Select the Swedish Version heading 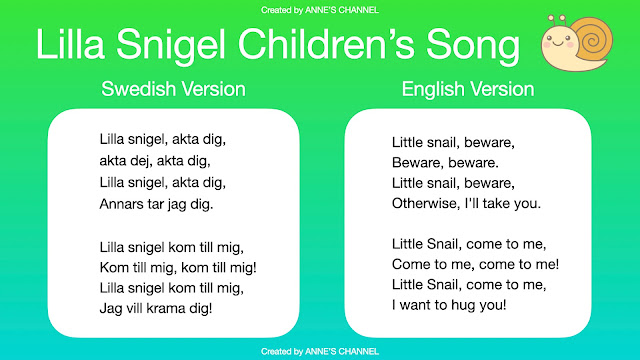[x=173, y=89]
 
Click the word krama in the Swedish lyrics [x=167, y=308]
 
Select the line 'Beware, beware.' [x=445, y=161]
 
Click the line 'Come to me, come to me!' [x=475, y=264]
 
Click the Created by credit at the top [x=319, y=8]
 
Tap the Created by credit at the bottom [x=319, y=352]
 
